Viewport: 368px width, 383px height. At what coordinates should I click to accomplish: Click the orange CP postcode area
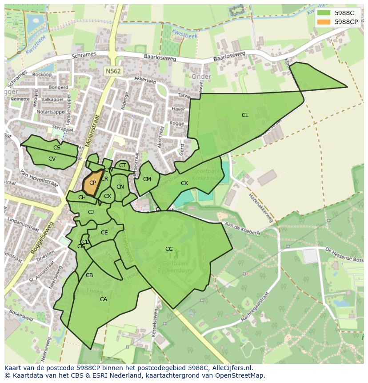coord(92,183)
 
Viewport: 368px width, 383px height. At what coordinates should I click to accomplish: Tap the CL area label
coord(245,115)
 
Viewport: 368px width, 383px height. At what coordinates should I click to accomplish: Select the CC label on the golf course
coord(169,249)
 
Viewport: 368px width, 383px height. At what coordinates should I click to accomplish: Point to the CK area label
coord(184,183)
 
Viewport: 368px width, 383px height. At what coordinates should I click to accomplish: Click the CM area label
coord(147,179)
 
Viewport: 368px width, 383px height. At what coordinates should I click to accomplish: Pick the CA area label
coord(104,299)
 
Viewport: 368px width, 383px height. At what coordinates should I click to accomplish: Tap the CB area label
coord(89,275)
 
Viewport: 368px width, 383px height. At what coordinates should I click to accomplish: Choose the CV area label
coord(52,159)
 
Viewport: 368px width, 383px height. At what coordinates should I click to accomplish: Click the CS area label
coord(57,148)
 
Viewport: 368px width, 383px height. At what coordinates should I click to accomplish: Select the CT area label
coord(123,166)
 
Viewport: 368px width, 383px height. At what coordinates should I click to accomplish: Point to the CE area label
coord(104,233)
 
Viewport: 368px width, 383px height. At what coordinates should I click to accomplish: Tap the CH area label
coord(82,198)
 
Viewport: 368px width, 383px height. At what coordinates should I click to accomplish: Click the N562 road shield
coord(113,71)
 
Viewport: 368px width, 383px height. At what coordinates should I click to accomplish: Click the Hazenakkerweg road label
coord(261,208)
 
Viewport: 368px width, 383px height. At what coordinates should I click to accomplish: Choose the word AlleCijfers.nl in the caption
coord(232,368)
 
